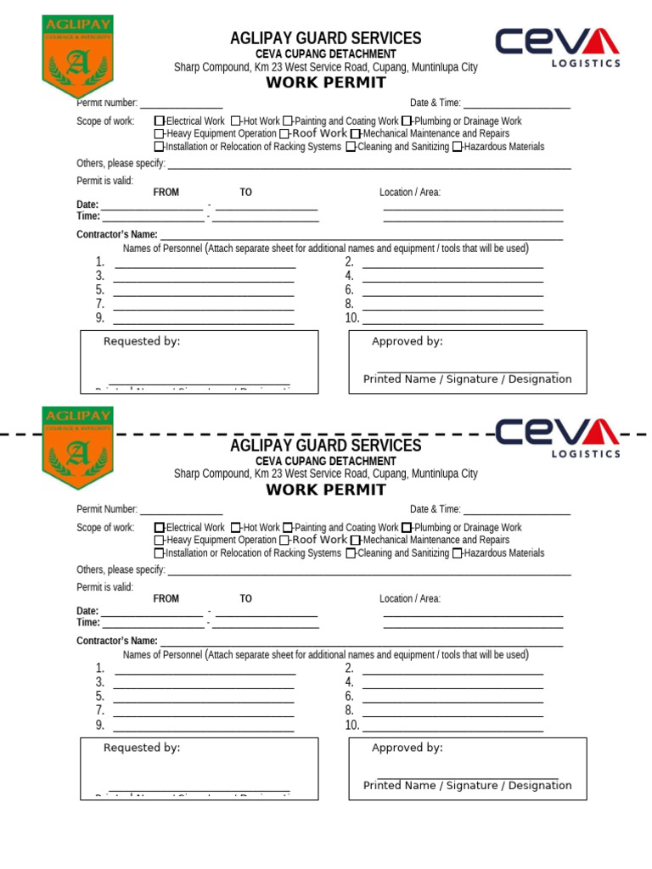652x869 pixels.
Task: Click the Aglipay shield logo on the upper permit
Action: coord(77,57)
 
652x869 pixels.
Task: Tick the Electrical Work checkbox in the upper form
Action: coord(160,121)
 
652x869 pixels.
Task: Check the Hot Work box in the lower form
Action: coord(236,528)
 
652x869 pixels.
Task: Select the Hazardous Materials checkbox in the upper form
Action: coord(458,147)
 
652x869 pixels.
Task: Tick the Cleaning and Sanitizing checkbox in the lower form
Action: coord(351,553)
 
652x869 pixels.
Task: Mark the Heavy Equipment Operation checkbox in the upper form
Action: coord(160,134)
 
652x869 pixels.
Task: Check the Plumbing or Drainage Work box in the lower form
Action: coord(407,528)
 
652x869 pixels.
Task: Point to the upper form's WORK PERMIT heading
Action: coord(326,82)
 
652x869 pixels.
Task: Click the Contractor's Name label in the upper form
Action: coord(117,234)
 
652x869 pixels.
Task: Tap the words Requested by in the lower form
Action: coord(142,748)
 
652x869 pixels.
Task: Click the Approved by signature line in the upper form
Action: coord(468,369)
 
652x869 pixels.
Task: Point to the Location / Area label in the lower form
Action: coord(410,599)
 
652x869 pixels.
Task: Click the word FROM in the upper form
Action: coord(166,193)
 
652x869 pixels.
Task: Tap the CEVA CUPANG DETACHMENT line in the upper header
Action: coord(326,54)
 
